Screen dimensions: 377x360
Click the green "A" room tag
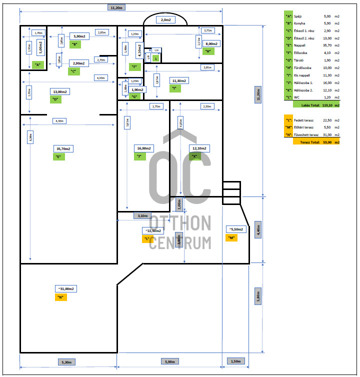tap(37, 64)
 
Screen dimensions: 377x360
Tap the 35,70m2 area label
tap(63, 148)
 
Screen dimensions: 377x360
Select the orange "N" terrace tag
tap(60, 297)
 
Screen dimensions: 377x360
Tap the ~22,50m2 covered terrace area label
tap(152, 230)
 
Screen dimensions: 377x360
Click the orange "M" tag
tap(231, 238)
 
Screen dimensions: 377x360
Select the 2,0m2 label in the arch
tap(166, 20)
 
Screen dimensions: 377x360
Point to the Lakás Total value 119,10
tap(327, 105)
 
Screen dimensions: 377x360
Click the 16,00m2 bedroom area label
tap(143, 148)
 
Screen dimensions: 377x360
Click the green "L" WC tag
tap(156, 58)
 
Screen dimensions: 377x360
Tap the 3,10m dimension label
tap(142, 216)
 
